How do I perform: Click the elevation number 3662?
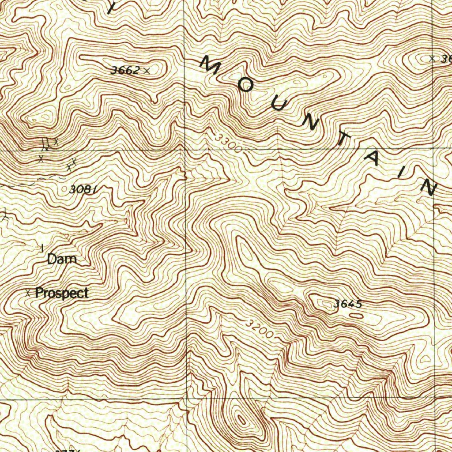point(125,70)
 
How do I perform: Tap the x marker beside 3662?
point(147,70)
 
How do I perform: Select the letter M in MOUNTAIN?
point(211,64)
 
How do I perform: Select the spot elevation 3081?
point(83,190)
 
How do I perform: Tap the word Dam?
point(62,259)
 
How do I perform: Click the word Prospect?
point(62,293)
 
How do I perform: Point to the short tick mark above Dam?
point(42,248)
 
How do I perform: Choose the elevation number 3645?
point(348,304)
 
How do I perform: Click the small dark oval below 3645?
point(356,316)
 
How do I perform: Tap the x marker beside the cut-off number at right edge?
point(432,58)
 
